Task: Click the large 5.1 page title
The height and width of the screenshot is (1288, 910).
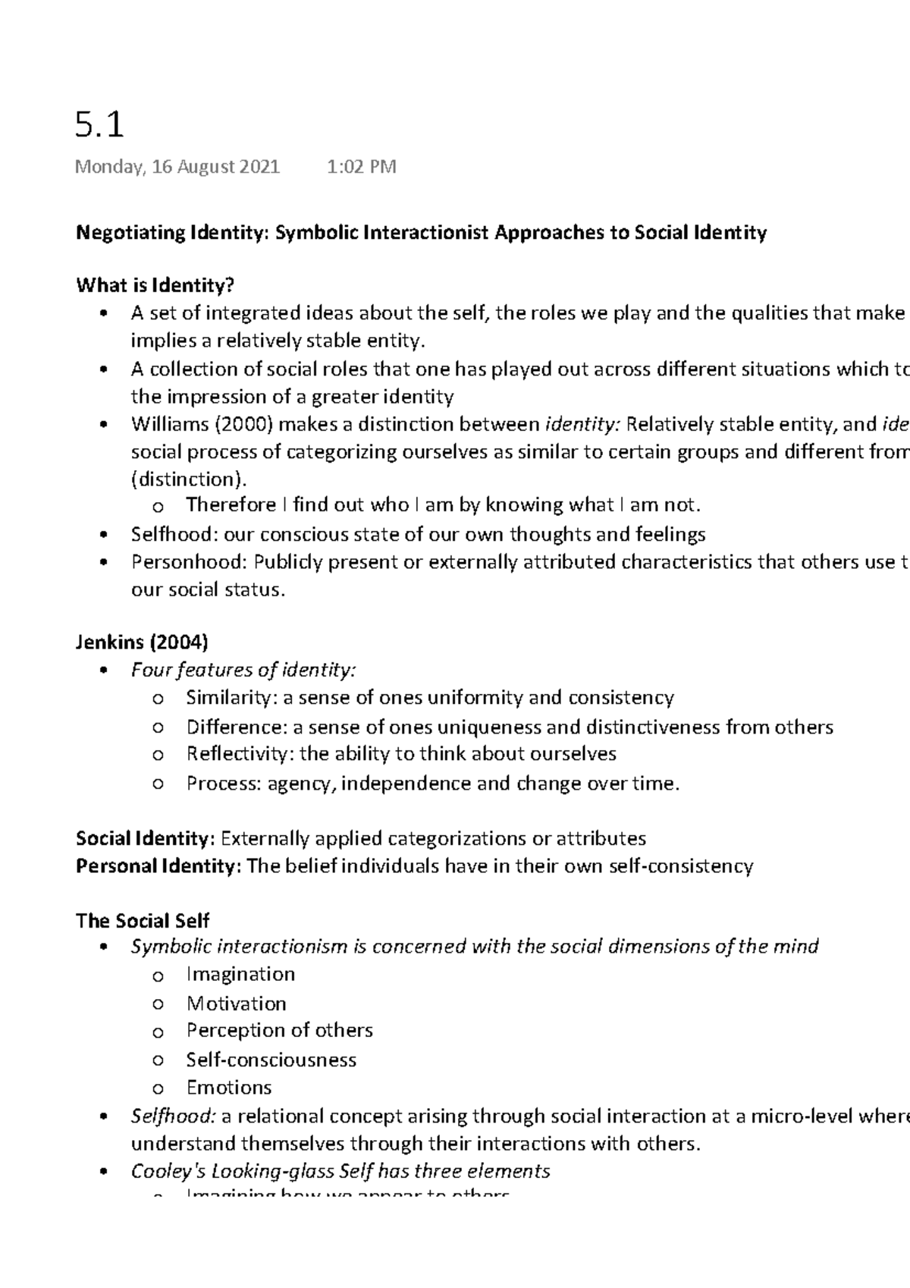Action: [100, 124]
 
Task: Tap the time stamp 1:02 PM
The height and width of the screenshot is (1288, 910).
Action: [361, 167]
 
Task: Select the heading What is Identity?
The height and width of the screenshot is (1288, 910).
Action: [155, 285]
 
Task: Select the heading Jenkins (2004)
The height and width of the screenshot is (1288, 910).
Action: [142, 642]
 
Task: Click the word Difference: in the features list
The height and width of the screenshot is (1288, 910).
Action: [237, 727]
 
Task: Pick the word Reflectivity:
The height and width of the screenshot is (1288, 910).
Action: [240, 754]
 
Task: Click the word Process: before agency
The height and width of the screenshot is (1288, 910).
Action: [224, 784]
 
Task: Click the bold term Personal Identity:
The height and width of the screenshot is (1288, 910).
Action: [158, 866]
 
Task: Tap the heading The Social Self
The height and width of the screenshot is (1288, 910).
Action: [143, 921]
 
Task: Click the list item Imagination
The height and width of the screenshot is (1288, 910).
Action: [240, 975]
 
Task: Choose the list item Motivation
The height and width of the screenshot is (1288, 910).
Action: [237, 1004]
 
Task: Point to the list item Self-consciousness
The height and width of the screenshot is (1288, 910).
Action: [271, 1060]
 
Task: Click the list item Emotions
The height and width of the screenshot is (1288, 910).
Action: [229, 1088]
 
